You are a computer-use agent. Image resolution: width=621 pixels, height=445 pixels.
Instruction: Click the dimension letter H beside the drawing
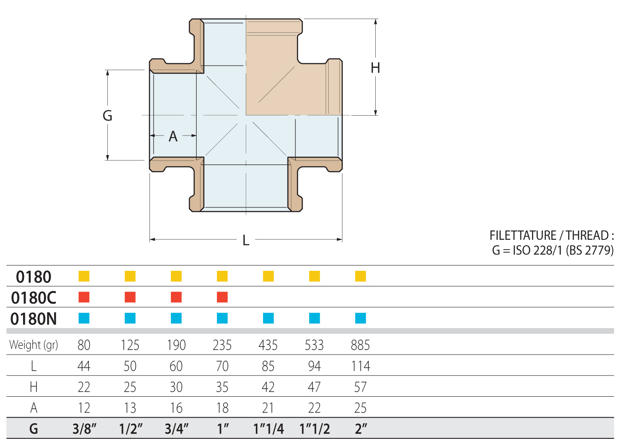click(375, 68)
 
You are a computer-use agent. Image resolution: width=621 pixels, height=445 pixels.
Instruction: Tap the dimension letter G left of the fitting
click(107, 116)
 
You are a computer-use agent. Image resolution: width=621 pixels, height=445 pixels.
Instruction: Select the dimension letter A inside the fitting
click(173, 137)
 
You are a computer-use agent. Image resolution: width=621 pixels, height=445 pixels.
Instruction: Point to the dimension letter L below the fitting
click(246, 240)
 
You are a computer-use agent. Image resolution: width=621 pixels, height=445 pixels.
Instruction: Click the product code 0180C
click(34, 298)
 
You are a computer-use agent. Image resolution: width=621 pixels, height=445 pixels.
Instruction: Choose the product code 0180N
click(34, 319)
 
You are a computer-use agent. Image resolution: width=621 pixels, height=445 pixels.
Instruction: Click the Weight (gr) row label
click(34, 345)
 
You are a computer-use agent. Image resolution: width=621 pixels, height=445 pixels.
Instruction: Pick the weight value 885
click(360, 345)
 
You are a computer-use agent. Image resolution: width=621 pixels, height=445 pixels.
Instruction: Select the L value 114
click(360, 366)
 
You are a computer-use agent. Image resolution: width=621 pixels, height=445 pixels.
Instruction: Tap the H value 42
click(268, 387)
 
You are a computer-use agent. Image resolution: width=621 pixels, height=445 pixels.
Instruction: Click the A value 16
click(176, 408)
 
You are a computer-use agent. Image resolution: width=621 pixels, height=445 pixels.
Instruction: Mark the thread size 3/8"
click(84, 429)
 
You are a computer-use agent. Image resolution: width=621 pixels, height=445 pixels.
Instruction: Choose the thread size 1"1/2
click(314, 429)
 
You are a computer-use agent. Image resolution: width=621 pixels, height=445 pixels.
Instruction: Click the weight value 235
click(222, 345)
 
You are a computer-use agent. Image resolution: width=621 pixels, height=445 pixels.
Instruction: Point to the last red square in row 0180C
click(222, 297)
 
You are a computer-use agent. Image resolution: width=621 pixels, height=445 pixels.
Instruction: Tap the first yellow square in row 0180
click(84, 276)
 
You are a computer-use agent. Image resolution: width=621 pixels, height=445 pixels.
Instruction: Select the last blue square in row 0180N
click(361, 318)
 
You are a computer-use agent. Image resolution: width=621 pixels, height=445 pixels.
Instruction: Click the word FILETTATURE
click(523, 235)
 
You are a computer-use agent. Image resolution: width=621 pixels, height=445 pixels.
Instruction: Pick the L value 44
click(84, 366)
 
